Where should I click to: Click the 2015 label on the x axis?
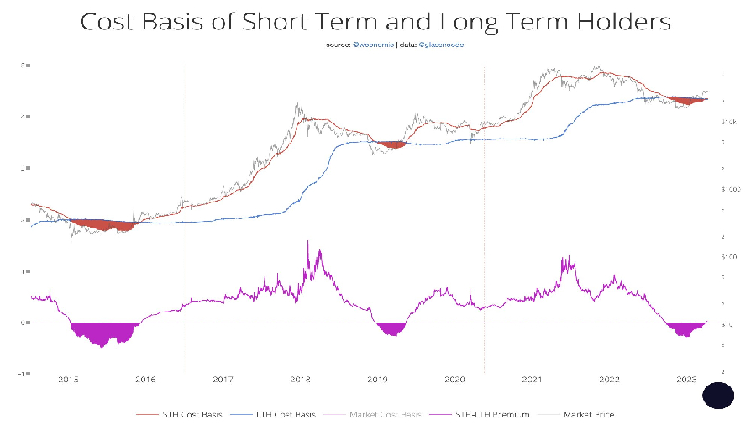[69, 380]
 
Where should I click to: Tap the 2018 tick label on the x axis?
[301, 380]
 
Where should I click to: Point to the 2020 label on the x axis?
[454, 380]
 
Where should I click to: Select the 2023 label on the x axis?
[688, 380]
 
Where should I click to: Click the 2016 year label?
[146, 380]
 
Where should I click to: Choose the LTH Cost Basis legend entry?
[282, 414]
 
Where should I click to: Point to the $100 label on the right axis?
[728, 256]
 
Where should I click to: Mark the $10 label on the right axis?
[727, 323]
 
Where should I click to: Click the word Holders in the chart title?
[613, 21]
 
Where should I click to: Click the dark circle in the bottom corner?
[718, 395]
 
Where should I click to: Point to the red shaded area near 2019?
[391, 144]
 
